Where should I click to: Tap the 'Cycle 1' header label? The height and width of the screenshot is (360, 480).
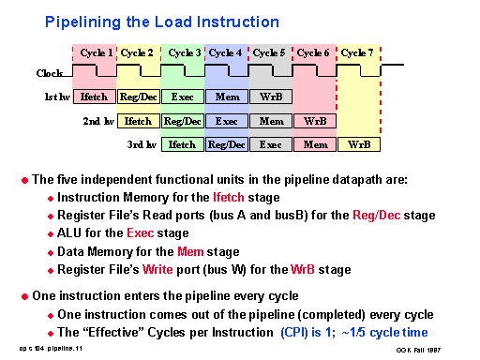tap(94, 53)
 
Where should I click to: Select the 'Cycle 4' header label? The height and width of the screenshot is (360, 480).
tap(227, 53)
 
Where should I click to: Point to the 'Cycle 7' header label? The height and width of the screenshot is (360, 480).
tap(359, 53)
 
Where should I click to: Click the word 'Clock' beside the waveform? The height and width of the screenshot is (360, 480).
tap(50, 72)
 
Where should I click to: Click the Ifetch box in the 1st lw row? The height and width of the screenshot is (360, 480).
tap(94, 97)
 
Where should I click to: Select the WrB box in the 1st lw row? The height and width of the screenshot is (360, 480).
tap(271, 97)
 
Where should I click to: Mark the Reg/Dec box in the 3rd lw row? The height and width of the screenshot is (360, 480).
tap(227, 144)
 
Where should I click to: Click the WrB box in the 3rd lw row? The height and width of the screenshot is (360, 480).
tap(359, 144)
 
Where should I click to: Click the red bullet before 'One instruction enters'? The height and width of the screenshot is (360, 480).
tap(25, 296)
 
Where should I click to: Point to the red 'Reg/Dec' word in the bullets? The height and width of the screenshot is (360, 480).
tap(373, 216)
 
